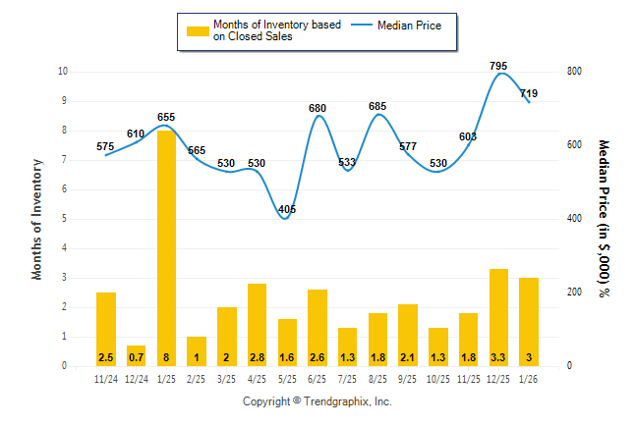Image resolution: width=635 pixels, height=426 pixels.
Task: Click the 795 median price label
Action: pos(498,66)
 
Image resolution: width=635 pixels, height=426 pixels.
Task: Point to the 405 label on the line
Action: pos(287,209)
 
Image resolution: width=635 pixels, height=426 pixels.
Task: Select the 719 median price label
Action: pos(529,93)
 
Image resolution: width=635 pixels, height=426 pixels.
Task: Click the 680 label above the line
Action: pos(317,108)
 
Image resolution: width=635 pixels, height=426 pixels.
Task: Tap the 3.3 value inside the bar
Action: pos(498,356)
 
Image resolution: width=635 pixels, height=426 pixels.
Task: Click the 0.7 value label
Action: pos(136,356)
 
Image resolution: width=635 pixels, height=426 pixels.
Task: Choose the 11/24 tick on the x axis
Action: pos(105,378)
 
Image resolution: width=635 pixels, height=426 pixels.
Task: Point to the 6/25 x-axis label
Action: pos(317,378)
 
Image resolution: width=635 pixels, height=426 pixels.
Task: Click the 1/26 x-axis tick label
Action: pos(529,378)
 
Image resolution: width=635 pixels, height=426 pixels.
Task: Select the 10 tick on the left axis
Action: pos(63,72)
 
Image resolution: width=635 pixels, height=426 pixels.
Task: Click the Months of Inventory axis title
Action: pos(37,219)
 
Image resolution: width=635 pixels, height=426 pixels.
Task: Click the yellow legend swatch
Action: pos(198,31)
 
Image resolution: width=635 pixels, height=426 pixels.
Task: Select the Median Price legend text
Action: pos(417,26)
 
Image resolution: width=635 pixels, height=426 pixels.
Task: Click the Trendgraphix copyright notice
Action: pos(317,401)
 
